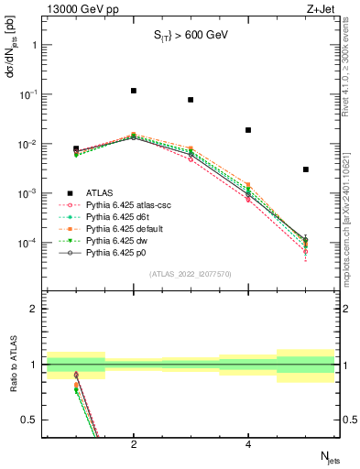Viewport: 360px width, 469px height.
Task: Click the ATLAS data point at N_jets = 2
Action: [x=134, y=91]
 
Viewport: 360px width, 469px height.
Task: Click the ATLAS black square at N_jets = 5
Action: [x=306, y=169]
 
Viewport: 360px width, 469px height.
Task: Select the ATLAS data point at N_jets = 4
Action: [x=248, y=130]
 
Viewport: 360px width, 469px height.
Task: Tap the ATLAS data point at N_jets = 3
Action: [x=191, y=100]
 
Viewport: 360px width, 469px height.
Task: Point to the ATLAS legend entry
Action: [x=100, y=193]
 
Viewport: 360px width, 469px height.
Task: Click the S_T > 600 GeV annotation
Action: [x=190, y=36]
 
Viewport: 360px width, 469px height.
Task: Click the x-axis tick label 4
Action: [x=248, y=444]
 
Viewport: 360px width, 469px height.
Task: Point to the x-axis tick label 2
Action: [x=134, y=444]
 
